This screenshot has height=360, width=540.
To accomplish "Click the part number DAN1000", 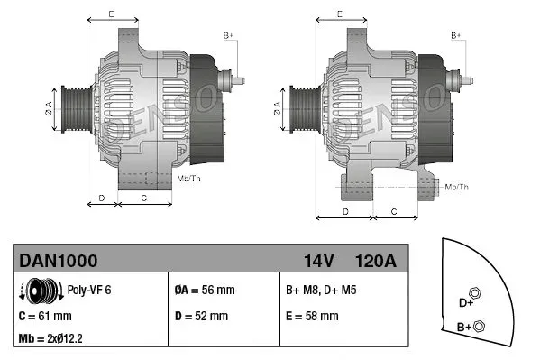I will pos(58,261).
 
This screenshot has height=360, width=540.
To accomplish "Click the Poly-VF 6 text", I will pos(90,291).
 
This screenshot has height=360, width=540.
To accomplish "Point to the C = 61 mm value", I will pos(45,316).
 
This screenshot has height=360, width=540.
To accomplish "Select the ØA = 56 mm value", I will pos(204,291).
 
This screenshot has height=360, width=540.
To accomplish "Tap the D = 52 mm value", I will pos(200,316).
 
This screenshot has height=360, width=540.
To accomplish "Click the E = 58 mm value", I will pos(312,316).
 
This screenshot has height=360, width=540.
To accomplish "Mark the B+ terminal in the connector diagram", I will pos(479,326).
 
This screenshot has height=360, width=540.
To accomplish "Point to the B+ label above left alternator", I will pos(228,34).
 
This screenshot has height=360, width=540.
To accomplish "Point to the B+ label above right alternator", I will pos(455,34).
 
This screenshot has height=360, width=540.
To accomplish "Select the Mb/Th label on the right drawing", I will pos(457,187).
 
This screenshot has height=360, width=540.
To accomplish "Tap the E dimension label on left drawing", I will pos(110,13).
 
